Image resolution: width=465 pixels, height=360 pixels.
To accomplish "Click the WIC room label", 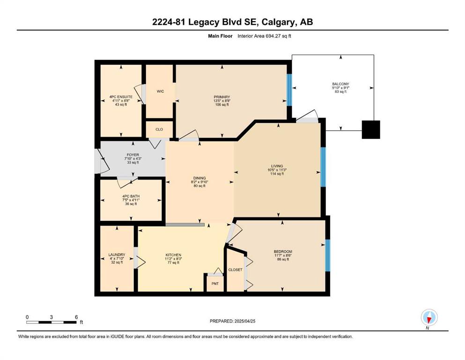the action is point(160,91).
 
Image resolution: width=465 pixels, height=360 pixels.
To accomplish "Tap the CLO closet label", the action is point(159,129).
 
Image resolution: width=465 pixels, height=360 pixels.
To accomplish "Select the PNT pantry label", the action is point(215,284).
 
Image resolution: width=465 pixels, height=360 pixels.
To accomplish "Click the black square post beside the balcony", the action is point(371,130).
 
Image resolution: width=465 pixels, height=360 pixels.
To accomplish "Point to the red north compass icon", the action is point(429,318).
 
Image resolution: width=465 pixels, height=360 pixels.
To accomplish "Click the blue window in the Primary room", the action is point(289,90).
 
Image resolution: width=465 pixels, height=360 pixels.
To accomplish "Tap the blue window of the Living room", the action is point(323,167).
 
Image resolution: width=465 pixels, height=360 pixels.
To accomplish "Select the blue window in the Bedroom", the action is point(328,255).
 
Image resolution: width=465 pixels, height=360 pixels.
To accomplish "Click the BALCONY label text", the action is point(340,84).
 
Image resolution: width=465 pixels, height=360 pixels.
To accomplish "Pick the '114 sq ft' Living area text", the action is point(277,174).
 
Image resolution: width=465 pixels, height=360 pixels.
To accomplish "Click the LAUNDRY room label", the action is point(117,255).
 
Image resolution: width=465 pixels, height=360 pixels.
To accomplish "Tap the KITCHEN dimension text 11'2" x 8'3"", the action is point(173,259).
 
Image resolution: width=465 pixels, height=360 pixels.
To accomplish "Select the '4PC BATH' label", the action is point(131,196).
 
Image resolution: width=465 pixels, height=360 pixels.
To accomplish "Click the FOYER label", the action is point(133,155).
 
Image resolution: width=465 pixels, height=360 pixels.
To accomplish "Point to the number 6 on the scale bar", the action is point(76,317).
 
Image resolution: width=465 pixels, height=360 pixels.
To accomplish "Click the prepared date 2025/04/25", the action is point(244,321).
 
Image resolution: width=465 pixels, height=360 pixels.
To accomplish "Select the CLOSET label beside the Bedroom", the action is point(235,270).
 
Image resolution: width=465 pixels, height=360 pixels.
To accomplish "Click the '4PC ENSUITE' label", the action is point(121,97).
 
